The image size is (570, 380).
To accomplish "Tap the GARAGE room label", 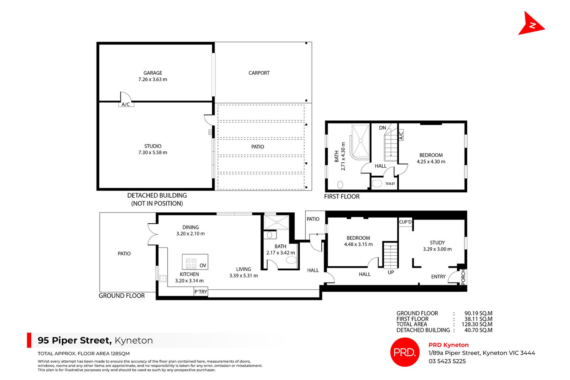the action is [153, 73].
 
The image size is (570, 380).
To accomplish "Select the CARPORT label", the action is [259, 73].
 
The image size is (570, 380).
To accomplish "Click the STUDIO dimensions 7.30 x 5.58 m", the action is [153, 153].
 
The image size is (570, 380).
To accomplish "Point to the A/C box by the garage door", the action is [126, 104].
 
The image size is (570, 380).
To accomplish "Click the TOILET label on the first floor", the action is [390, 184].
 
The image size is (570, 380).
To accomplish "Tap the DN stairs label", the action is [383, 128].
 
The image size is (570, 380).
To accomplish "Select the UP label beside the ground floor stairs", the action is [391, 272].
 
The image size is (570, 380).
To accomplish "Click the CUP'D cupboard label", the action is [405, 222].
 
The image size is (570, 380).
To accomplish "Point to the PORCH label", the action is [463, 277].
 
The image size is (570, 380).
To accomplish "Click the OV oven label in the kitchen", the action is [203, 266].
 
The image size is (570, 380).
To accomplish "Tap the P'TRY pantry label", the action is [201, 292].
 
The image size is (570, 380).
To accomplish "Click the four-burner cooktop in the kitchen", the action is [191, 264].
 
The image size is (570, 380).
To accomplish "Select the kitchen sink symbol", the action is [163, 279].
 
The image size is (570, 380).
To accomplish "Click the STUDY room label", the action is [437, 243].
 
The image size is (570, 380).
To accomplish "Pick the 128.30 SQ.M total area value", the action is [477, 324].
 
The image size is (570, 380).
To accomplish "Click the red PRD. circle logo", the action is [405, 352].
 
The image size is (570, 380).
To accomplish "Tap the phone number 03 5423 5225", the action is [447, 361].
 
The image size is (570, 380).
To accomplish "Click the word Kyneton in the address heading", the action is [134, 340].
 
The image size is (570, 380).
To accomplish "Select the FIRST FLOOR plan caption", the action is [342, 197].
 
